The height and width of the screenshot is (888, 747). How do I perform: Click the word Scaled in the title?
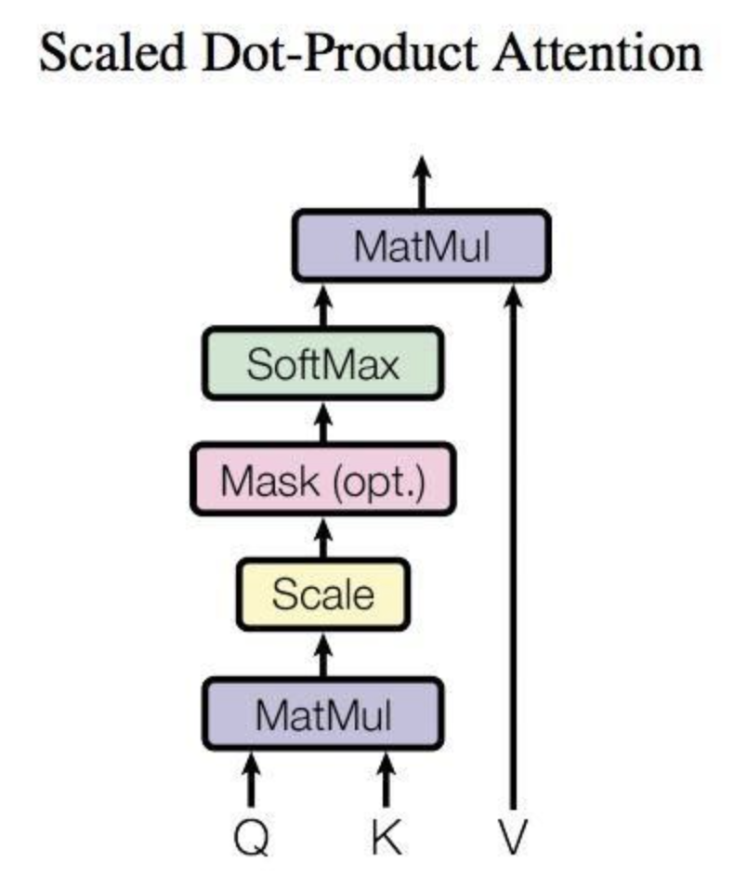(x=112, y=52)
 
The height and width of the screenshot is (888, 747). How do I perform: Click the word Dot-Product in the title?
(x=340, y=52)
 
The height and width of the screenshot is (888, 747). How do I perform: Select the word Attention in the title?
(x=597, y=52)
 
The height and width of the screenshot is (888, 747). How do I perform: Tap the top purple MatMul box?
(x=422, y=246)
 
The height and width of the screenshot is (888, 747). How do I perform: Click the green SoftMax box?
(x=322, y=363)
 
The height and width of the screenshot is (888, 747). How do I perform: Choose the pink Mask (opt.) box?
(x=322, y=480)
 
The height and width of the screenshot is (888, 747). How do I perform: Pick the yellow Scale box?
(x=322, y=594)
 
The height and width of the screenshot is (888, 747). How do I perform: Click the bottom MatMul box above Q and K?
(x=322, y=714)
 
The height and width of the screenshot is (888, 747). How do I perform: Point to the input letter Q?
(x=252, y=838)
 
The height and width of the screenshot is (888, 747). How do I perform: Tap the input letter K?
(x=387, y=837)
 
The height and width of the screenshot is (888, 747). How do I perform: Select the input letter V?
(x=513, y=837)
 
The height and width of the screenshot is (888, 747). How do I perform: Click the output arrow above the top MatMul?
(x=422, y=182)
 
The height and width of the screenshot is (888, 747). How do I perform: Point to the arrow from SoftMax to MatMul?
(x=322, y=306)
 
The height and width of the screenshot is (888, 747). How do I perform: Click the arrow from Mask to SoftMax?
(x=322, y=423)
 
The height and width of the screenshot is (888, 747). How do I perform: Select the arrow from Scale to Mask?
(x=322, y=538)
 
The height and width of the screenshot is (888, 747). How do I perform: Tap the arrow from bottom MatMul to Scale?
(x=322, y=655)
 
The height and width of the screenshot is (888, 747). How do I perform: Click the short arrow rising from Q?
(x=252, y=780)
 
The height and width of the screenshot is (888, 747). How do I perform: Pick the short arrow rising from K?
(x=387, y=780)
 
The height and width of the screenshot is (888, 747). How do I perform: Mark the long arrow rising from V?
(x=513, y=548)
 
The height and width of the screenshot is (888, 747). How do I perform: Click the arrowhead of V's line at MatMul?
(x=513, y=295)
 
